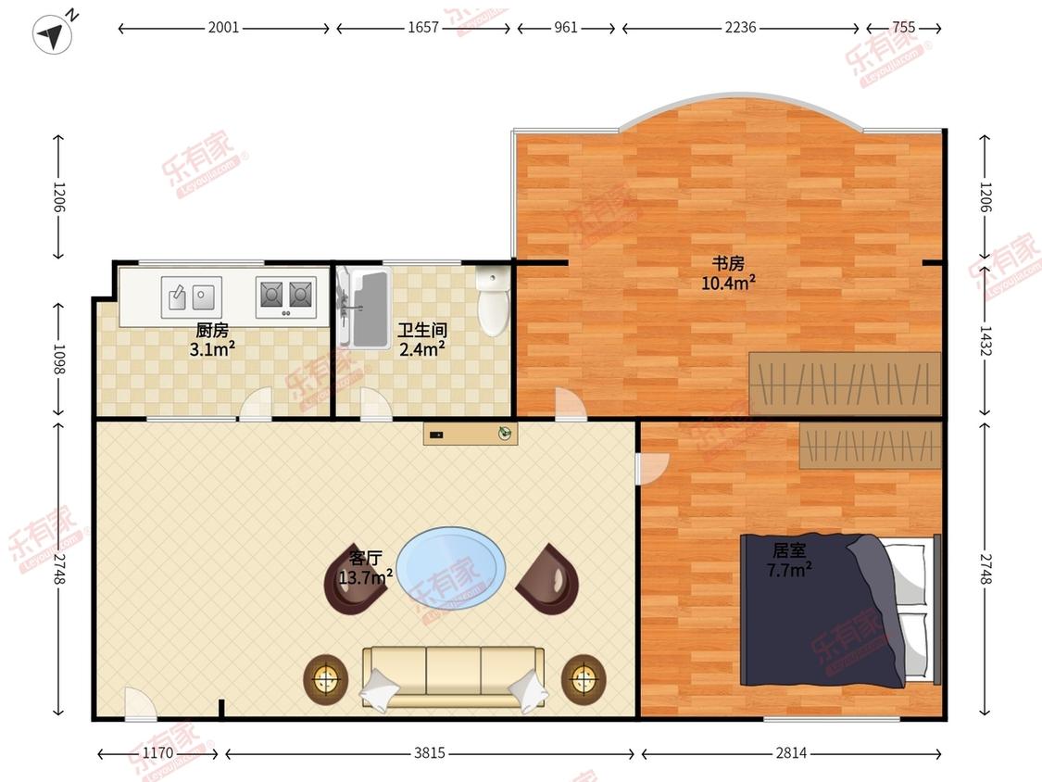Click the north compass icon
(53, 32)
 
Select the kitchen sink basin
(192, 296)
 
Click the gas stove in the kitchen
(286, 296)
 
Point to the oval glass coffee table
(451, 567)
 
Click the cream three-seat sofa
(454, 677)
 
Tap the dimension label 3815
(429, 752)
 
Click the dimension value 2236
(740, 27)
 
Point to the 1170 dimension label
(158, 752)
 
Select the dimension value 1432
(985, 341)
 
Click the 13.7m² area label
(366, 577)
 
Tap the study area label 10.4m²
(728, 284)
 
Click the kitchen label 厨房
(212, 330)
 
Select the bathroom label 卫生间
(422, 330)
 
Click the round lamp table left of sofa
(326, 679)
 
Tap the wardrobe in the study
(846, 385)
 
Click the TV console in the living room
(471, 435)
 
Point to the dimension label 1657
(423, 27)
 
